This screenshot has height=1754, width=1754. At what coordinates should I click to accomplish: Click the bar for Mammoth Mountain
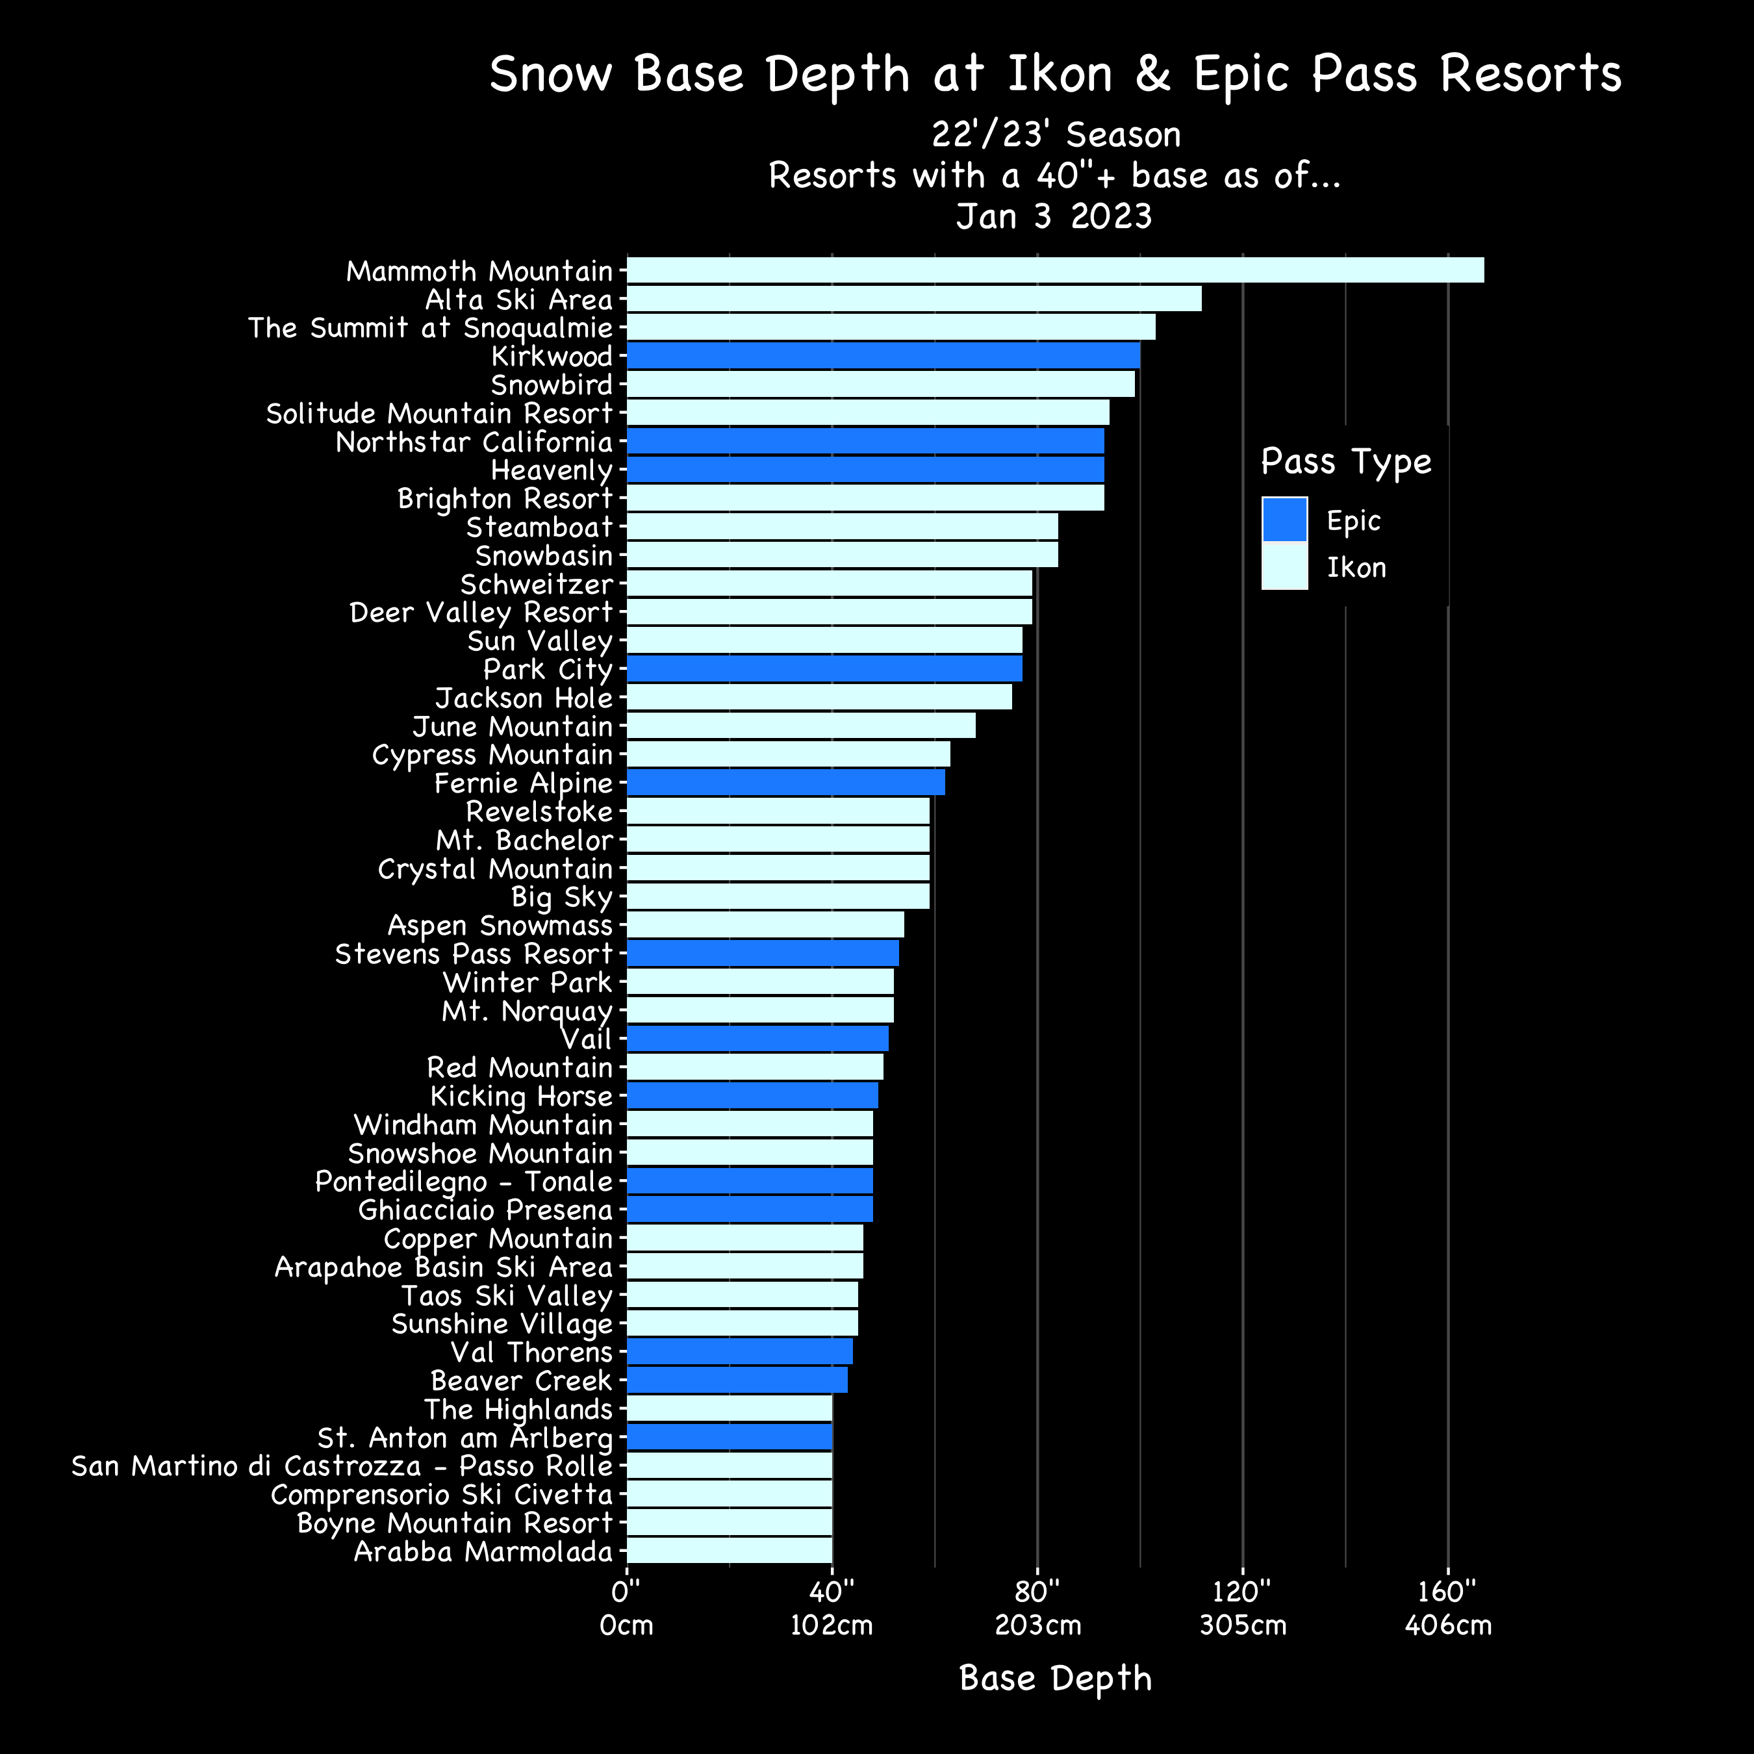click(x=1055, y=270)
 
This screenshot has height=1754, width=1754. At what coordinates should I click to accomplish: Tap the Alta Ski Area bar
click(x=913, y=299)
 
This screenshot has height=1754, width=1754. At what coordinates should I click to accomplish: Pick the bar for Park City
click(x=824, y=668)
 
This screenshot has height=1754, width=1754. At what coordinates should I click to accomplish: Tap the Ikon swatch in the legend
click(x=1284, y=566)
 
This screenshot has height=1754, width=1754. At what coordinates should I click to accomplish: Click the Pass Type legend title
click(x=1345, y=461)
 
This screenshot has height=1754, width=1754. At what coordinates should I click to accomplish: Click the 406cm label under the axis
click(x=1447, y=1625)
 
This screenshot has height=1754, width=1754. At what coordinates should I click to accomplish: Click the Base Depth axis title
click(x=1055, y=1678)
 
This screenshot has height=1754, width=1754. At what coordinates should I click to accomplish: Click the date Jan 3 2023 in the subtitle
click(x=1054, y=216)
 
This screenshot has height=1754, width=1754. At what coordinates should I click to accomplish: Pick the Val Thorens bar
click(x=739, y=1351)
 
